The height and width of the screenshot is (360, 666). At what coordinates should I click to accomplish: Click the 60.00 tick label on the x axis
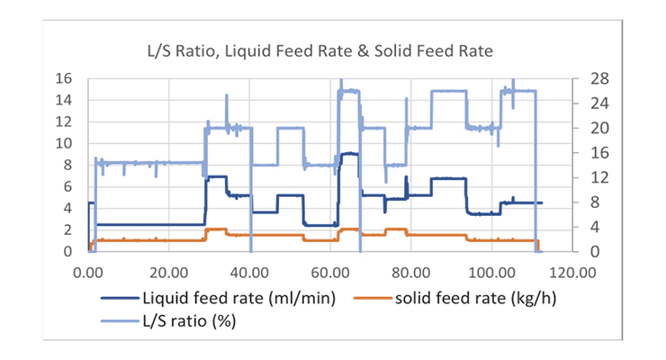click(x=331, y=270)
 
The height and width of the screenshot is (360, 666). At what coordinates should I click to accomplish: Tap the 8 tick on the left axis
click(x=67, y=166)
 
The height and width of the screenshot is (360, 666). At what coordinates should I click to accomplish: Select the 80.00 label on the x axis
click(x=411, y=270)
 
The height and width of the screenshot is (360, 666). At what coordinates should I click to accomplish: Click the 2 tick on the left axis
click(x=67, y=230)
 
